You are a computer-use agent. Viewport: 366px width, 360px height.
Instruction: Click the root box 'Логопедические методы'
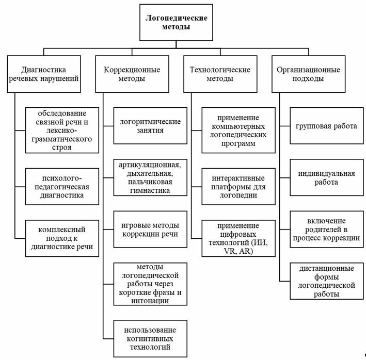pos(176,22)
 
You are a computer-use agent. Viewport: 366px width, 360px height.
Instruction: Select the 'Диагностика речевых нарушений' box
pos(44,74)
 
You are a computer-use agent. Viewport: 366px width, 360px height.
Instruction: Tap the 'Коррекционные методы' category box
pos(132,74)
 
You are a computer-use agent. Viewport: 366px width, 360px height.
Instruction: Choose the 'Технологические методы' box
pos(220,74)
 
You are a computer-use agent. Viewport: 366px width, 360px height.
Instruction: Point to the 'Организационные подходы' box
pos(309,74)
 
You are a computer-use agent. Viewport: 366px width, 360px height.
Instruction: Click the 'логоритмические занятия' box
pos(150,126)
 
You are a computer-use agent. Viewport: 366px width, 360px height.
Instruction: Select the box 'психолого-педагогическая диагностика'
pos(62,187)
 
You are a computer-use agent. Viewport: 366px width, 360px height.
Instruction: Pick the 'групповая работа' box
pos(327,126)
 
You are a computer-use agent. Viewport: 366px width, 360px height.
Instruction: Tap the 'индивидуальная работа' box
pos(327,177)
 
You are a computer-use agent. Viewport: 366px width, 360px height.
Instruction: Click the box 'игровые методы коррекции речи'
pos(150,229)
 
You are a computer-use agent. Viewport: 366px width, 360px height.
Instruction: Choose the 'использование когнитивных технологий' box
pos(150,338)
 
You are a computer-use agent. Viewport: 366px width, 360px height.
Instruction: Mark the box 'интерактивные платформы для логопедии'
pos(238,187)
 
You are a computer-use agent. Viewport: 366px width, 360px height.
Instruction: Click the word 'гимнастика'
pos(150,190)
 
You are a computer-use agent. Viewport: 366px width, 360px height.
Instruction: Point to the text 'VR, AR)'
pos(238,251)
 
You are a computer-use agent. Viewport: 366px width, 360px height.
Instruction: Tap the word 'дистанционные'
pos(327,268)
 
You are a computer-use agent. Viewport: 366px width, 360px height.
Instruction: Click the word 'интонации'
pos(150,301)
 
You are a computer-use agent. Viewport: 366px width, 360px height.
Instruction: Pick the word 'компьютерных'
pos(238,126)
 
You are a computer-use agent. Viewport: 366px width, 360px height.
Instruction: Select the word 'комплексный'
pos(61,230)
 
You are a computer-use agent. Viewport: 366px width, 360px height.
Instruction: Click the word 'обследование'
pos(62,113)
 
